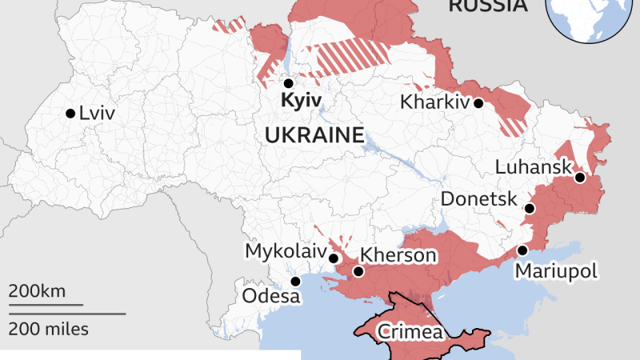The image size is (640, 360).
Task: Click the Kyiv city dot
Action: [x=289, y=83]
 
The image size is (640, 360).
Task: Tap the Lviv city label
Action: [x=97, y=114]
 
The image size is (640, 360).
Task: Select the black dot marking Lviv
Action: [x=70, y=113]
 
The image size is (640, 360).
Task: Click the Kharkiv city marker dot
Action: [x=478, y=103]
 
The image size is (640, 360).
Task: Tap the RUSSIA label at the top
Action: [x=488, y=6]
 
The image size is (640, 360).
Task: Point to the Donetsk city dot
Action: [x=529, y=209]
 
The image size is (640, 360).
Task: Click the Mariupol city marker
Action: [x=522, y=250]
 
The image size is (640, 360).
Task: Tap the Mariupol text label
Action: [x=556, y=271]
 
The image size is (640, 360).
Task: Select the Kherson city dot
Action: [x=358, y=271]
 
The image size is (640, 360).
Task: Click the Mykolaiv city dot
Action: [x=334, y=258]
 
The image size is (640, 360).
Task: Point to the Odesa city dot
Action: [x=296, y=282]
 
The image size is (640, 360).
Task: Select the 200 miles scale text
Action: [x=50, y=328]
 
